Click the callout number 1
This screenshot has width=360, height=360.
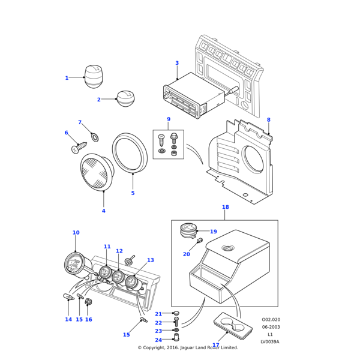[67, 78]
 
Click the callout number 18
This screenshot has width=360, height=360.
[225, 208]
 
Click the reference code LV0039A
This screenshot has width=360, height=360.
[269, 342]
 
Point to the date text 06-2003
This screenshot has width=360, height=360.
[270, 327]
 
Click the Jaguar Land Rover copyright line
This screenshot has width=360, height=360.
[188, 347]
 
